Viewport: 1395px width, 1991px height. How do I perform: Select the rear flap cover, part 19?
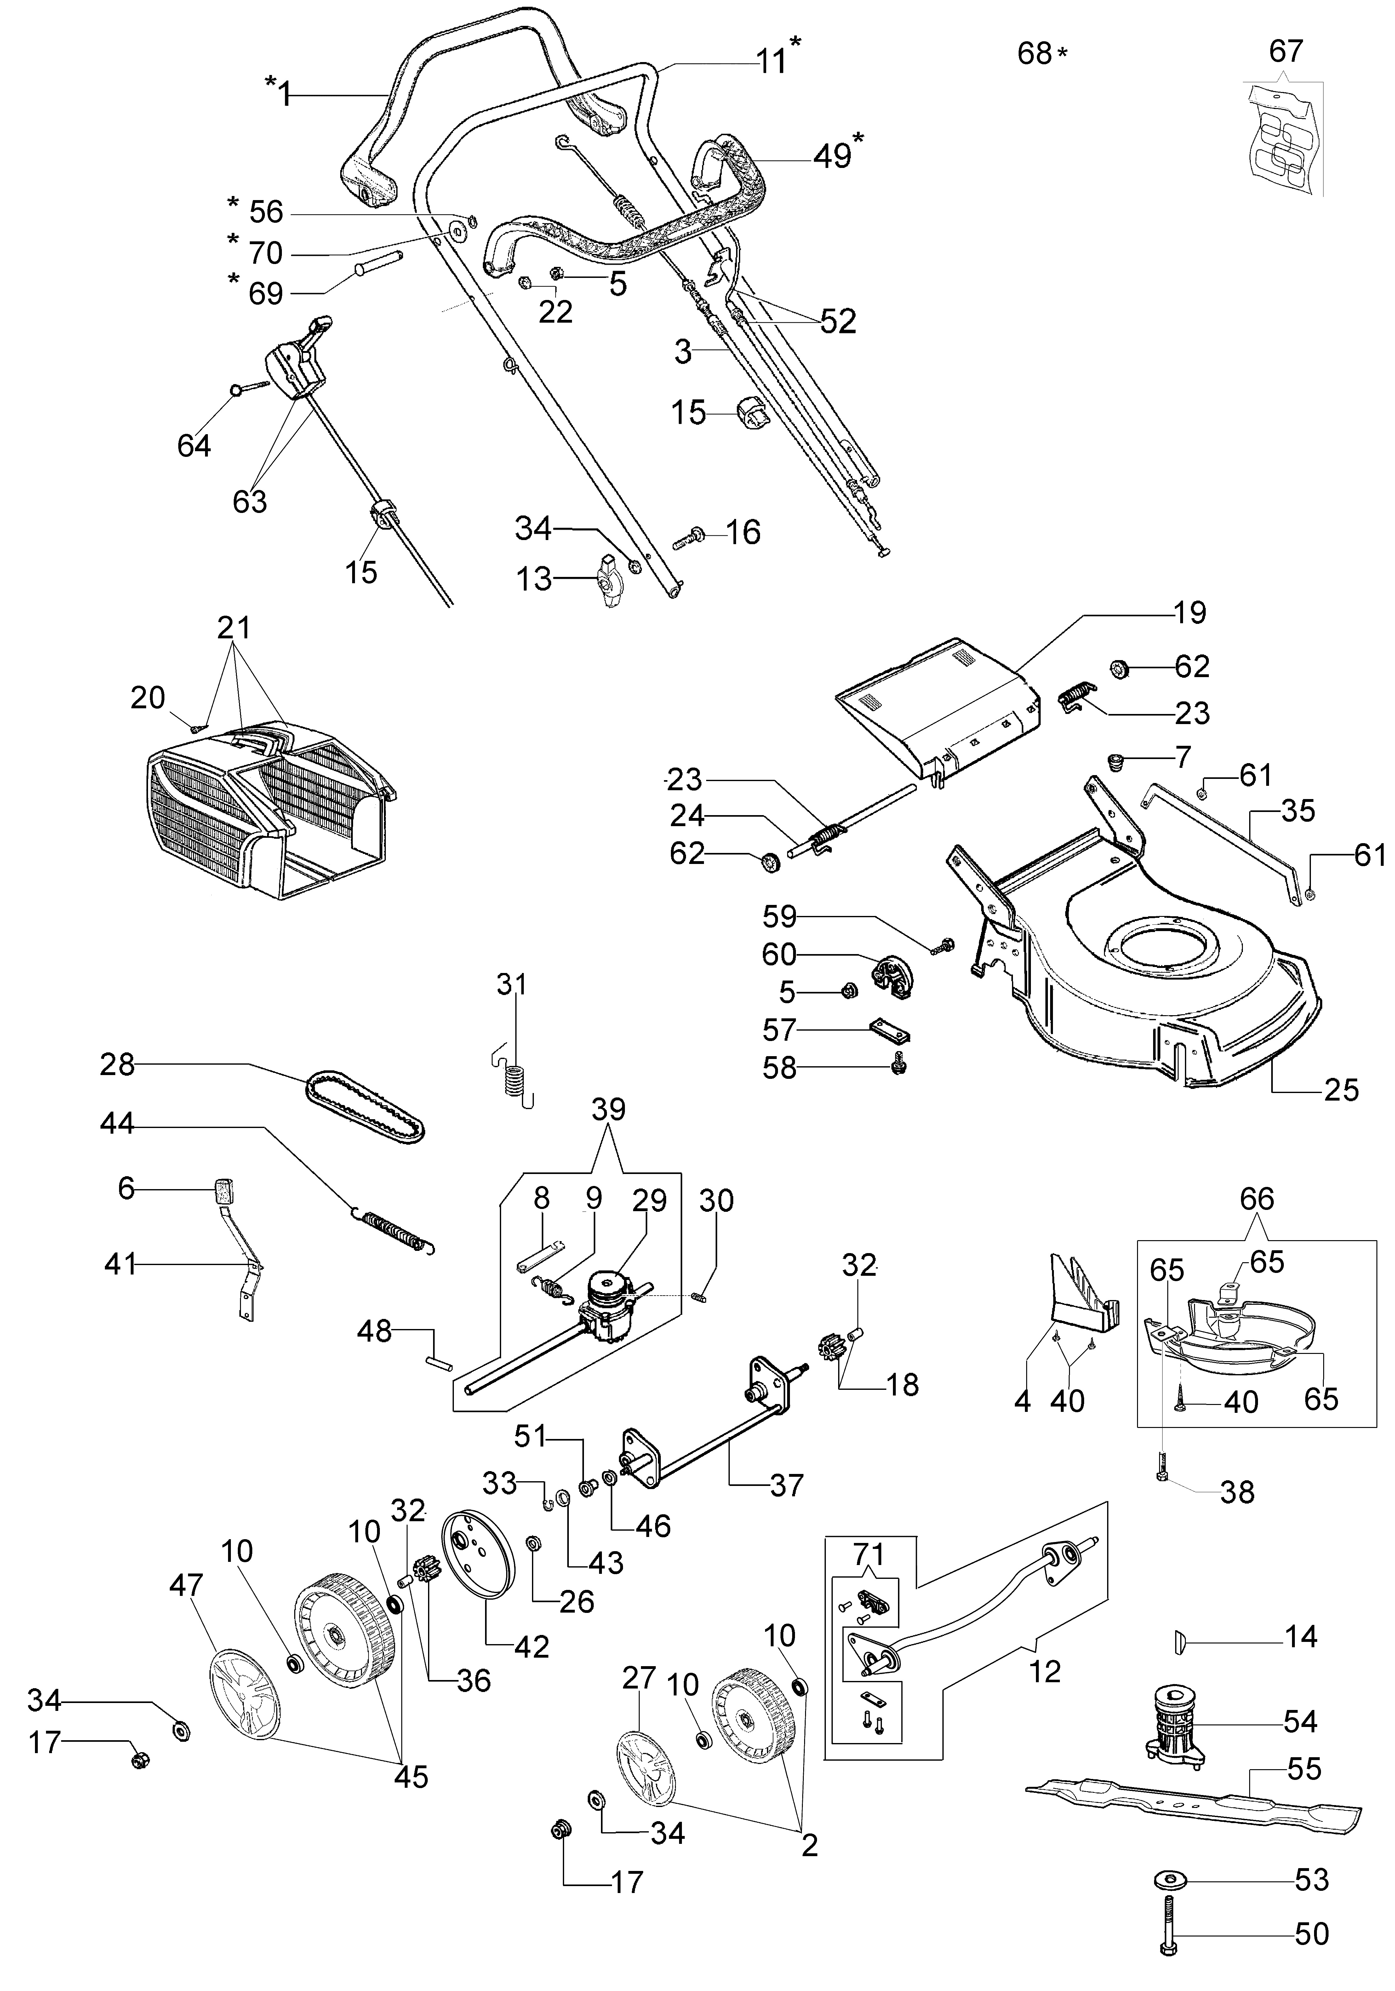936,702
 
